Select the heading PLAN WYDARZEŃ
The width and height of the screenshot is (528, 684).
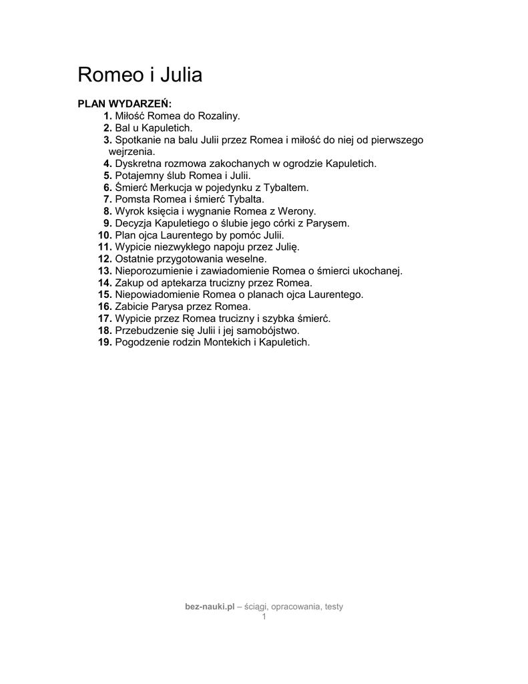click(x=125, y=104)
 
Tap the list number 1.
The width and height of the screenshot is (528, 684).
click(x=107, y=116)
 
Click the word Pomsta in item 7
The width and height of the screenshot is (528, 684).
click(x=132, y=199)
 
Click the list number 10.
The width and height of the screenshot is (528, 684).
click(x=105, y=235)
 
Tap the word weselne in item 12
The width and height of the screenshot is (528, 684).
click(x=248, y=259)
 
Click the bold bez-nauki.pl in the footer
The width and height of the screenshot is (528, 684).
click(x=210, y=607)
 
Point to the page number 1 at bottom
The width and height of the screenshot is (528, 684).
click(x=264, y=617)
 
